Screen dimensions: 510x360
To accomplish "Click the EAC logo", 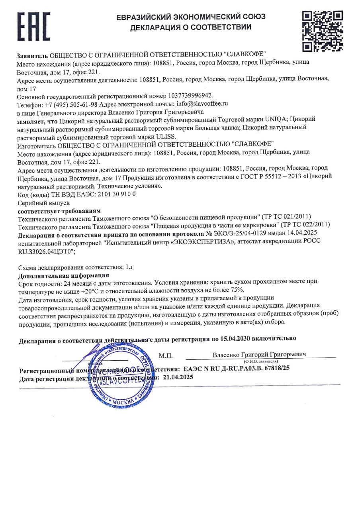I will tap(34, 27).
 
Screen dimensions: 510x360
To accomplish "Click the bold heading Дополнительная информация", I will tap(64, 275).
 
